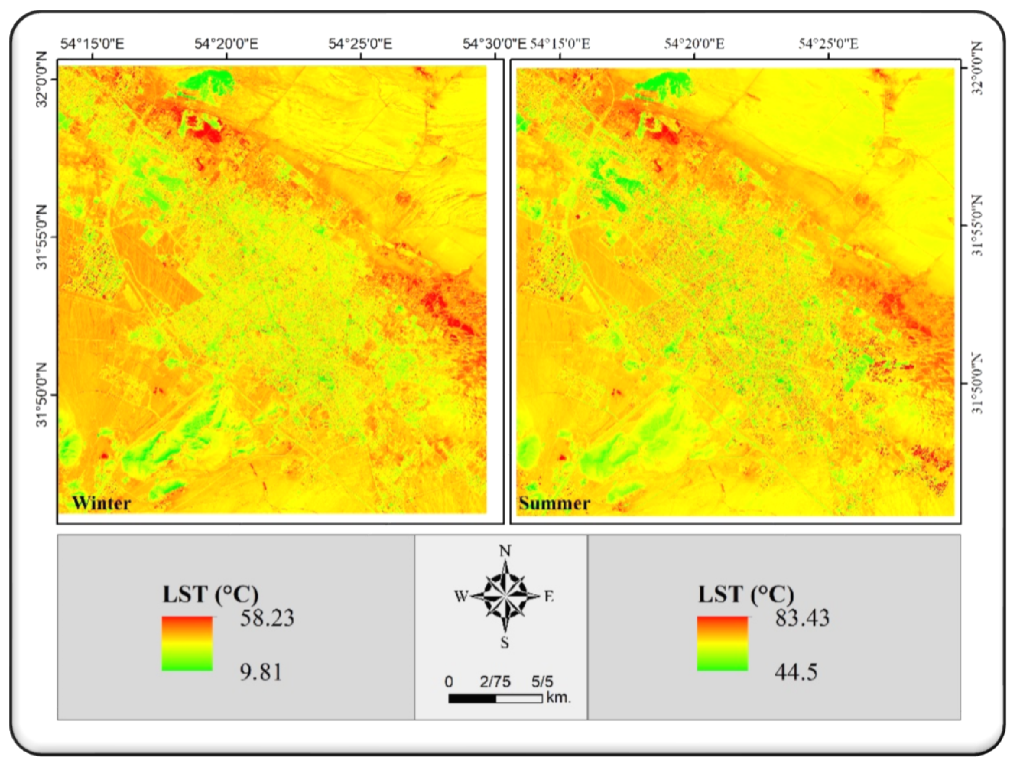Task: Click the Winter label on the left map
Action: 101,503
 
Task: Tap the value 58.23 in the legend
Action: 267,618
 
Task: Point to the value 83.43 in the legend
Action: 802,618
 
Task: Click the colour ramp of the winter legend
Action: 187,643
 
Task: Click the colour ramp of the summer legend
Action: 722,643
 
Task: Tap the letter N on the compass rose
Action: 505,551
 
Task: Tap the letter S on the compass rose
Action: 505,643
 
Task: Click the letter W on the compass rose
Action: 460,597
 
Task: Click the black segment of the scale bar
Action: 472,698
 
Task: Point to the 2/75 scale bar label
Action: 495,682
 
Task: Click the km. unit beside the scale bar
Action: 559,698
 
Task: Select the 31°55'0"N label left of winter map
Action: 42,237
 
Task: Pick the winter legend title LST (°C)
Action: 211,594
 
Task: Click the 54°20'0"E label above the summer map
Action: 694,44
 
